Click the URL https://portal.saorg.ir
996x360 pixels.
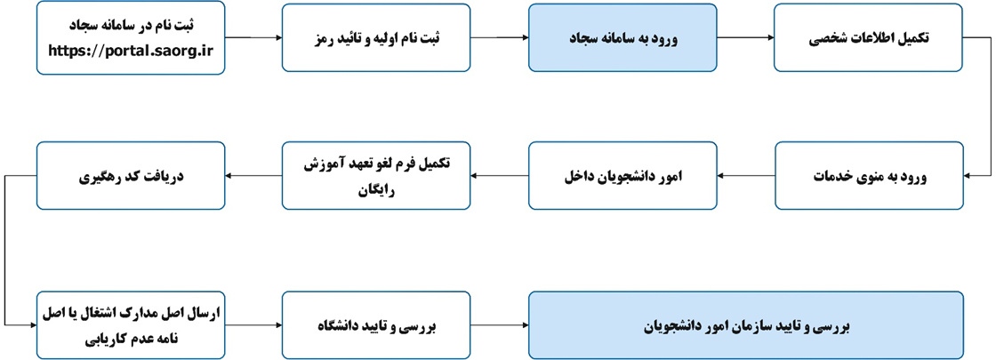[130, 49]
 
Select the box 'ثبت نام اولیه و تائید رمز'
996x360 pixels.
[376, 37]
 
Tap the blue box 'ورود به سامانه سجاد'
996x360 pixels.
[622, 37]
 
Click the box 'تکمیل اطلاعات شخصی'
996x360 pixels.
[868, 37]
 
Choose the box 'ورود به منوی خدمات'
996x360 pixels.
[868, 176]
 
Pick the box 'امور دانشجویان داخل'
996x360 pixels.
[622, 176]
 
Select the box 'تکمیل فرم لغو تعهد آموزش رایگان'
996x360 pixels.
[376, 176]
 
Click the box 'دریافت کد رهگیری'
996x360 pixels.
[130, 176]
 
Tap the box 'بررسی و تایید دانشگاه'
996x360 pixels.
[376, 326]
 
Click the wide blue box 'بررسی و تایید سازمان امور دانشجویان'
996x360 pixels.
[746, 326]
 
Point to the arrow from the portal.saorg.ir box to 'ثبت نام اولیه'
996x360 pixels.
[253, 37]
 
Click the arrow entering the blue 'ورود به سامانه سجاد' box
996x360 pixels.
[499, 37]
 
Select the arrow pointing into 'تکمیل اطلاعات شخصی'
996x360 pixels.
[745, 37]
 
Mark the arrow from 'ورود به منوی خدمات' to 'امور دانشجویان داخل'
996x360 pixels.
[745, 176]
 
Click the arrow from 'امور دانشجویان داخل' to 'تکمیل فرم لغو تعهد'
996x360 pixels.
[499, 176]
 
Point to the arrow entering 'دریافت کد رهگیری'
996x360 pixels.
[253, 176]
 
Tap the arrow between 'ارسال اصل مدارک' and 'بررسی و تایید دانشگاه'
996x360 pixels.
[253, 326]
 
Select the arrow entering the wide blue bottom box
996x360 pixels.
[499, 326]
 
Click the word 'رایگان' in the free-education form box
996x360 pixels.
[376, 188]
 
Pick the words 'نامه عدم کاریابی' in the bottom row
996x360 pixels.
[130, 339]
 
